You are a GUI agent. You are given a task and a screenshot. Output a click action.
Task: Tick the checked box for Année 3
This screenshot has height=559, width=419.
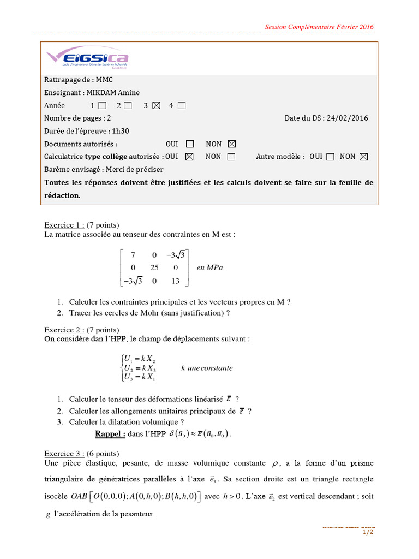tap(157, 106)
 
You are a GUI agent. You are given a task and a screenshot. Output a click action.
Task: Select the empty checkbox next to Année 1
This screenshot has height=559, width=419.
tap(103, 106)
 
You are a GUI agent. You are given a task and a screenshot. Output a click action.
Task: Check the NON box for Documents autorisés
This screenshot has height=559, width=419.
tap(231, 144)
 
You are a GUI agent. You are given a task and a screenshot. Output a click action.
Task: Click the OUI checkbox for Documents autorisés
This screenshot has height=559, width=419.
tap(189, 144)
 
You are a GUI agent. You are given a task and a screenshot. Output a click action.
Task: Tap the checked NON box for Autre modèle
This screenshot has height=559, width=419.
tap(364, 157)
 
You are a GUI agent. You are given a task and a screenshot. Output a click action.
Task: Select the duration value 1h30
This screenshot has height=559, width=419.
tap(119, 131)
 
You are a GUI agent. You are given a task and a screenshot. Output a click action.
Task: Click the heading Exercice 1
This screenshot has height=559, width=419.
tap(64, 225)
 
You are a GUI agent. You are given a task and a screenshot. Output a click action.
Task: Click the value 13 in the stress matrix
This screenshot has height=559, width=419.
tap(175, 281)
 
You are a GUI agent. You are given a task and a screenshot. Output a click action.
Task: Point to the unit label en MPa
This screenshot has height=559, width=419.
tap(209, 268)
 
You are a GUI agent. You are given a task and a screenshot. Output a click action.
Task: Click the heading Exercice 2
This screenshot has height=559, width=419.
tap(64, 330)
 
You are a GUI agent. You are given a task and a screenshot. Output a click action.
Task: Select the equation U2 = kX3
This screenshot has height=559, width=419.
tap(139, 368)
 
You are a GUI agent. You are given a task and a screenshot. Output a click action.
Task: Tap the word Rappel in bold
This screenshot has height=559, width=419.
tap(110, 434)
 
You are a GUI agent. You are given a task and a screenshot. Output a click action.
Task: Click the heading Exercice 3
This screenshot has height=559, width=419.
tap(64, 453)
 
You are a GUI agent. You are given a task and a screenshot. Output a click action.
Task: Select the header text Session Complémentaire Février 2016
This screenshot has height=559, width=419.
tap(319, 27)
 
